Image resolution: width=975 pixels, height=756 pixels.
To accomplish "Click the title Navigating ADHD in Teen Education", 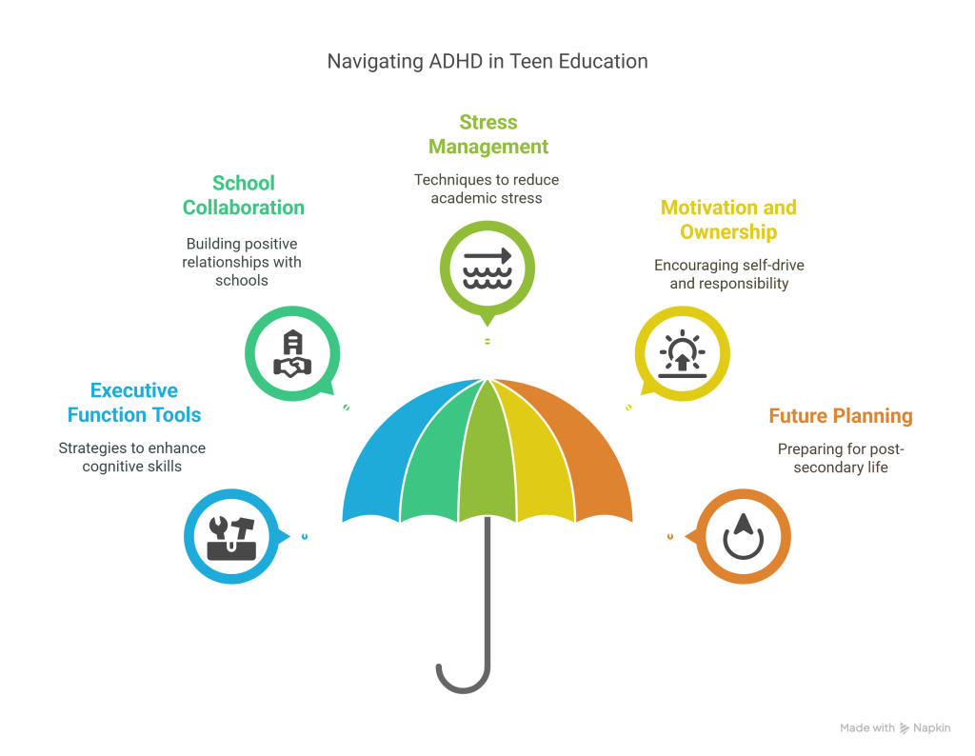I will coord(487,62).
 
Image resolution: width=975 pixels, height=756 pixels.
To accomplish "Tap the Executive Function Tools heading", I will coord(133,403).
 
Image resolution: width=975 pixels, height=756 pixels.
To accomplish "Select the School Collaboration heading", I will coord(244,194).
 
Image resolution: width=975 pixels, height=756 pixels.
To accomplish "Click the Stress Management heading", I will coord(487,134).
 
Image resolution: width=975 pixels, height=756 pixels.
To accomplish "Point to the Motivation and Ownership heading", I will coord(728,220).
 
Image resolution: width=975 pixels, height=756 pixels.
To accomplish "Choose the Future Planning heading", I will coord(841,416).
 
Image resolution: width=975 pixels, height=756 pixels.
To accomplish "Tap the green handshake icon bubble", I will coord(291,351).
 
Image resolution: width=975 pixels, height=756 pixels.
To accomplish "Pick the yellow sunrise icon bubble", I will coord(683,352).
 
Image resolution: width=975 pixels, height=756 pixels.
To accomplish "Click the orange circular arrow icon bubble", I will coord(745,534).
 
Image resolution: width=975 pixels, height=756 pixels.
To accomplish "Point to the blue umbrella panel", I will coord(376,467).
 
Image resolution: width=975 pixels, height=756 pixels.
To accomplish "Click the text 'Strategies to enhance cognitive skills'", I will coord(131,457).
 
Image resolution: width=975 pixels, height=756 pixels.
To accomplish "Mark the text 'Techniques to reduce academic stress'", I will coord(487,188).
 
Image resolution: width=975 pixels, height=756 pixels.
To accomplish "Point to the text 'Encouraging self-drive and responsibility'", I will coord(728,274).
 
